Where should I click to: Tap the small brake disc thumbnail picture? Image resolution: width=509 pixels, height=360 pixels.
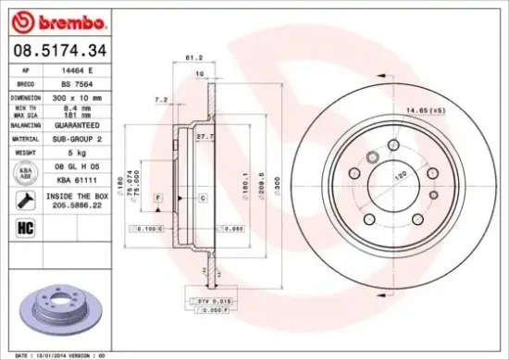click(61, 305)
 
